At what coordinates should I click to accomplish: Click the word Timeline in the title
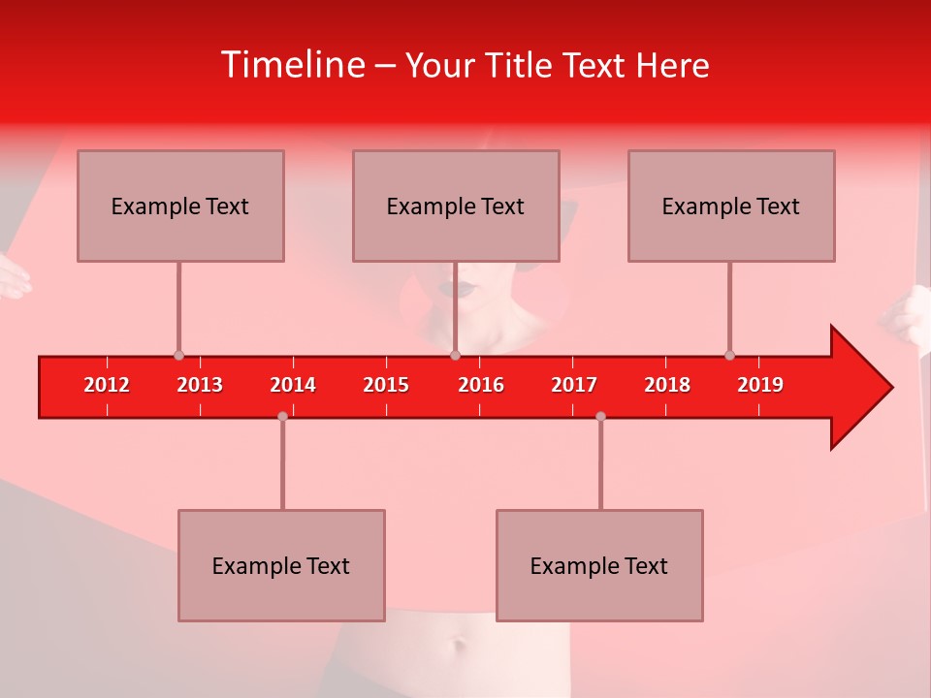coord(292,65)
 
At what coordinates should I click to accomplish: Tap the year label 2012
coord(107,385)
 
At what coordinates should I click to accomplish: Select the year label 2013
coord(200,385)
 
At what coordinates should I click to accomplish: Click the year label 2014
coord(293,385)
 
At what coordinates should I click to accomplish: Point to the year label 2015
coord(386,385)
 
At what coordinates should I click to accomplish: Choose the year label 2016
coord(481,385)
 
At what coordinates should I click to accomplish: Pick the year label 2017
coord(574,385)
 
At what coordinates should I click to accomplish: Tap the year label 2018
coord(667,385)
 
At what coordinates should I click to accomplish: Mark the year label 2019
coord(760,385)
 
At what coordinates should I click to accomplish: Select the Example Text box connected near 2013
coord(180,206)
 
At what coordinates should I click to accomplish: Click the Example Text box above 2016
coord(456,206)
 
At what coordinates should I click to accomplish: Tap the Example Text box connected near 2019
coord(731,206)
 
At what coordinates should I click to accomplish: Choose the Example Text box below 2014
coord(281,565)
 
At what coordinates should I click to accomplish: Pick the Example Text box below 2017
coord(599,565)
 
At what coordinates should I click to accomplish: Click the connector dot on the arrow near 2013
coord(178,356)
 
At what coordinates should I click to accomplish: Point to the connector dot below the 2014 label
coord(282,416)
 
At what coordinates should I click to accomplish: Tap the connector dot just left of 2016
coord(455,356)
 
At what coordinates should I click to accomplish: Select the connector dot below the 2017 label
coord(600,416)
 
